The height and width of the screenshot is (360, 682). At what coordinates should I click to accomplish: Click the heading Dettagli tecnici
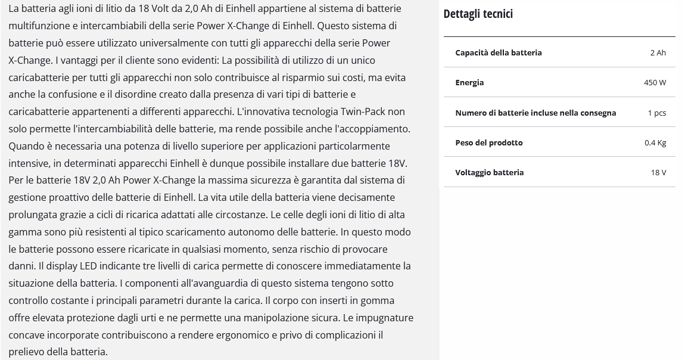(478, 14)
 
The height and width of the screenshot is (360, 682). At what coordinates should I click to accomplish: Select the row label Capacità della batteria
(499, 52)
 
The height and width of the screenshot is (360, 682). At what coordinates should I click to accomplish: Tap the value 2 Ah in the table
(658, 52)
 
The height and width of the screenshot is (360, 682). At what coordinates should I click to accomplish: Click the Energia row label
(469, 82)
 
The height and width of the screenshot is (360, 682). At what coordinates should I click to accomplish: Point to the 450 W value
(655, 82)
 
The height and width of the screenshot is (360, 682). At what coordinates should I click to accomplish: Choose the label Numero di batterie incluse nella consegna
(535, 113)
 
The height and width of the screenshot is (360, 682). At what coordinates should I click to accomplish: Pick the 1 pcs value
(656, 113)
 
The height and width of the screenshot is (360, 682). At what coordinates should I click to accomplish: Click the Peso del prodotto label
(488, 142)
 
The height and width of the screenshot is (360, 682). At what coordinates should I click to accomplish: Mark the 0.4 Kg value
(655, 142)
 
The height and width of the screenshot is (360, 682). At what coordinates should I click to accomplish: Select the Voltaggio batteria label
(489, 172)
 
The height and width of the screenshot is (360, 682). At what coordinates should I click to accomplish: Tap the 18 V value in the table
(658, 172)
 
